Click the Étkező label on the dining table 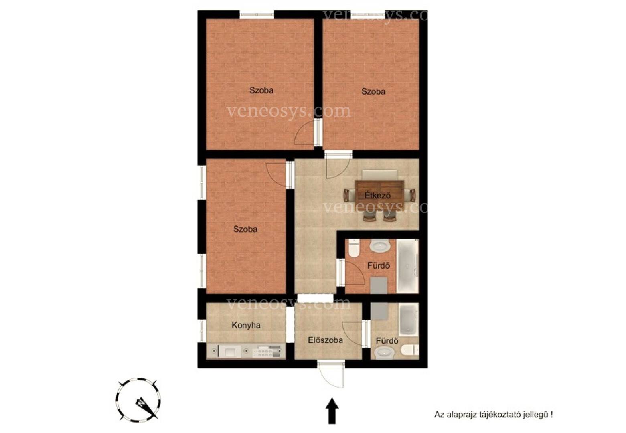[377, 195]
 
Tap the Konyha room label [246, 325]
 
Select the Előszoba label [325, 340]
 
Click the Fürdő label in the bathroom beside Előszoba [387, 341]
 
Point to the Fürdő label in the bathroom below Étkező [379, 265]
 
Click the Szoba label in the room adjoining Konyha [245, 229]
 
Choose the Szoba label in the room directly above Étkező [373, 91]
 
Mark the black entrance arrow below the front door [332, 411]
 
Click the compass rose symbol [138, 400]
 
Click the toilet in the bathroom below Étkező [354, 248]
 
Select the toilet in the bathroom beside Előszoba [410, 350]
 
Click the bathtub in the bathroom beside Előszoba [409, 319]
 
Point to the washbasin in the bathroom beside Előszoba [384, 353]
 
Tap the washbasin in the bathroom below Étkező [379, 245]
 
